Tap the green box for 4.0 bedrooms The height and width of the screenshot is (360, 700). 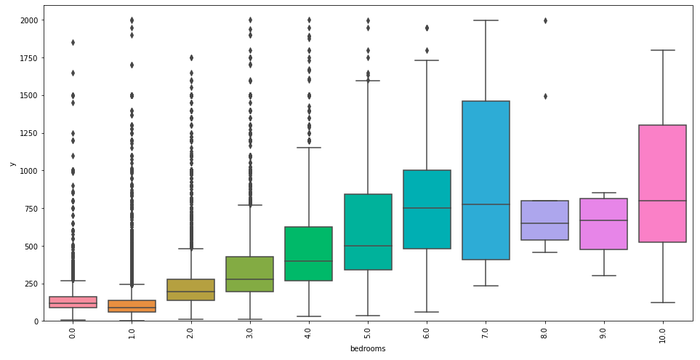coord(308,254)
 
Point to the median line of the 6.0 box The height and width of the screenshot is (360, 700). coord(426,208)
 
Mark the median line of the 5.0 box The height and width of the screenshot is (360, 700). coord(367,246)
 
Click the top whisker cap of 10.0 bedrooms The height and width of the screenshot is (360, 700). coord(661,50)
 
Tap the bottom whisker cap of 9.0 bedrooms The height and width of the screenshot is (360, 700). coord(603,276)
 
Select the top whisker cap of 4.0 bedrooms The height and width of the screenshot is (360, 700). coord(308,148)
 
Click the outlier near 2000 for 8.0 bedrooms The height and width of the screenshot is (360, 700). coord(544,20)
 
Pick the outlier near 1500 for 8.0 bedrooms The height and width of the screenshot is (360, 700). coord(544,96)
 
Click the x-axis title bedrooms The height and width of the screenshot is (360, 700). coord(367,349)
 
